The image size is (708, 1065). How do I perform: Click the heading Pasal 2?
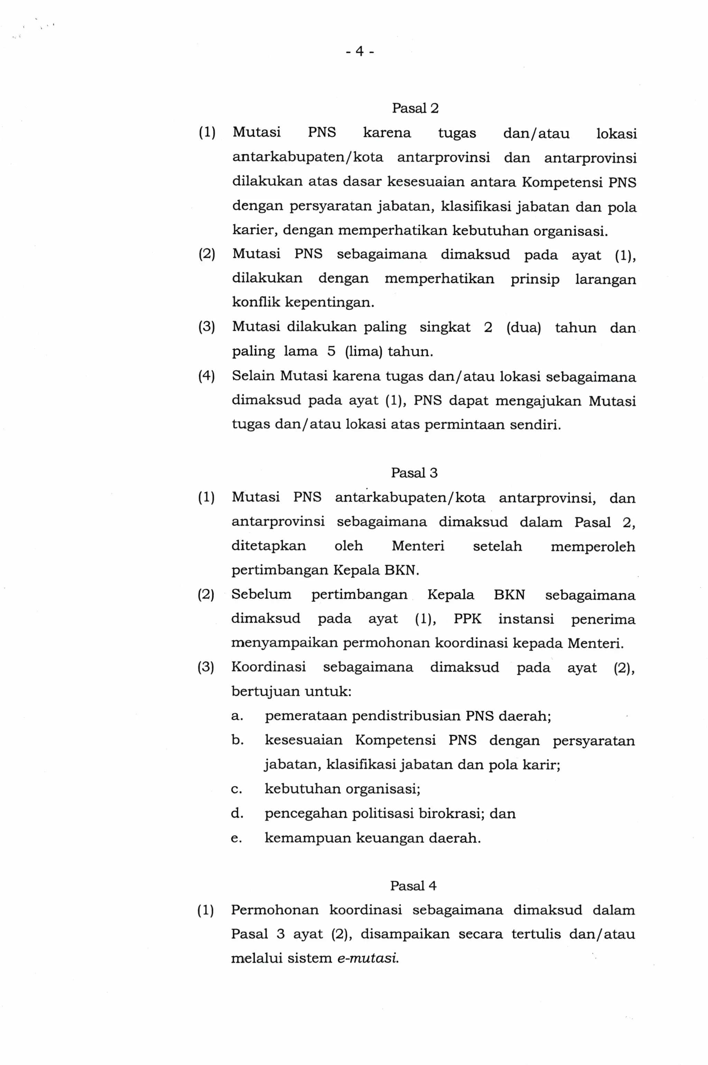(x=415, y=108)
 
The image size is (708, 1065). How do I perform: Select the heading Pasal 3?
(x=414, y=473)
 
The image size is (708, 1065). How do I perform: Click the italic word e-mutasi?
(x=368, y=958)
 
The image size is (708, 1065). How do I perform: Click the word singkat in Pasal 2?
(x=445, y=327)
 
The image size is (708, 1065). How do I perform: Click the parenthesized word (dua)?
(x=523, y=327)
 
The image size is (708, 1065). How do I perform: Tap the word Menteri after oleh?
(x=418, y=546)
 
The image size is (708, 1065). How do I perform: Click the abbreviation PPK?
(x=467, y=619)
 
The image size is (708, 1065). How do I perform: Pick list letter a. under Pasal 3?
(x=237, y=716)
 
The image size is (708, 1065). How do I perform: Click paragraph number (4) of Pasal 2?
(x=206, y=376)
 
